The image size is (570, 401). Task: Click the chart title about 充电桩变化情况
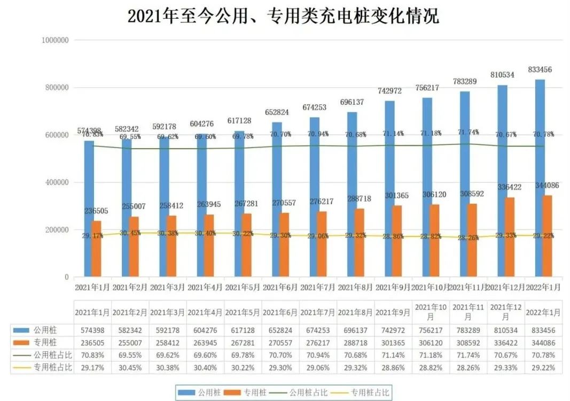[x=283, y=16]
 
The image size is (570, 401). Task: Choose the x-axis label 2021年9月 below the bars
[x=393, y=288]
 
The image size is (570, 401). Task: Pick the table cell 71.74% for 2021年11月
[x=468, y=354]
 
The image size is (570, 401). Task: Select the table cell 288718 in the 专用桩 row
[x=355, y=343]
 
